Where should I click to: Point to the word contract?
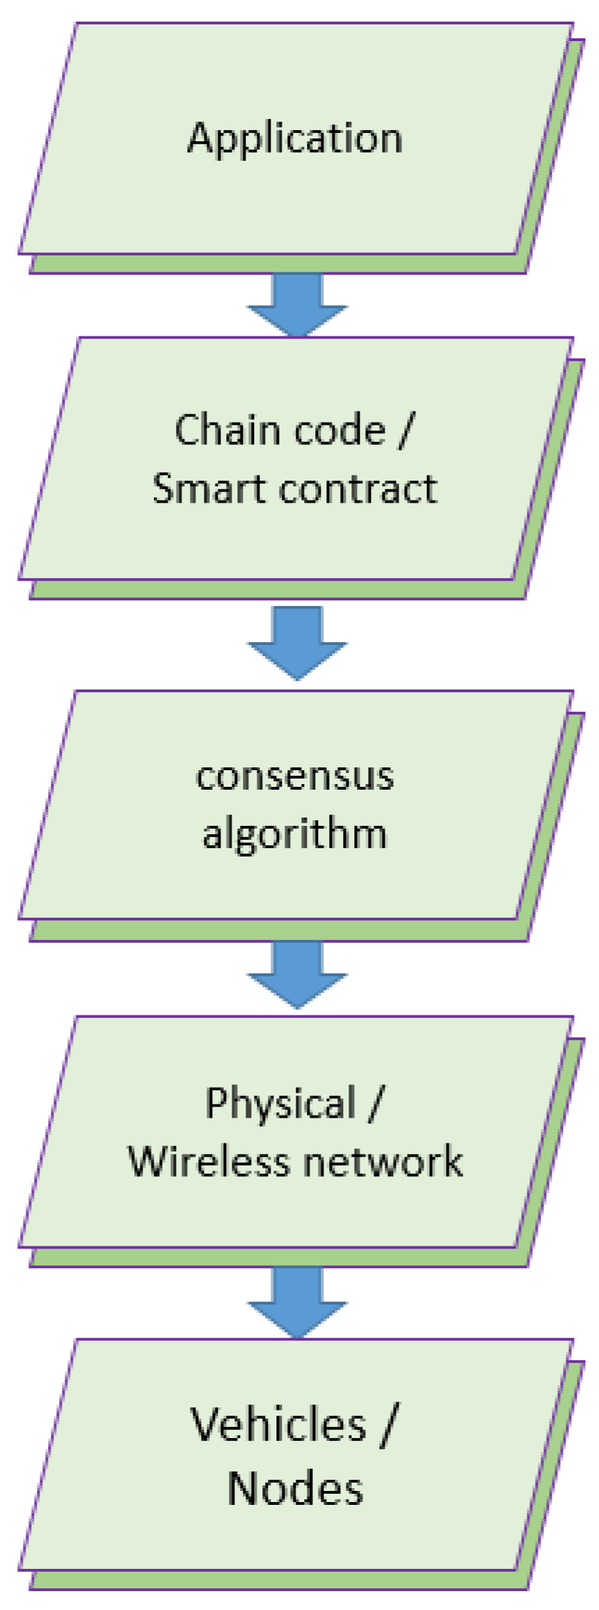pyautogui.click(x=358, y=488)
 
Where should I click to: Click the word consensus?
pyautogui.click(x=295, y=776)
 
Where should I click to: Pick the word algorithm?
pyautogui.click(x=295, y=834)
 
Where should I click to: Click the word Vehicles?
pyautogui.click(x=278, y=1425)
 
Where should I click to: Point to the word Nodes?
pyautogui.click(x=295, y=1489)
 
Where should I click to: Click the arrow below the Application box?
pyautogui.click(x=297, y=303)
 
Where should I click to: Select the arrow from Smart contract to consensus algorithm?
pyautogui.click(x=297, y=641)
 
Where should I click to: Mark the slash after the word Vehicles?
pyautogui.click(x=388, y=1426)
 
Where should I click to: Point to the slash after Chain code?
pyautogui.click(x=404, y=431)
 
